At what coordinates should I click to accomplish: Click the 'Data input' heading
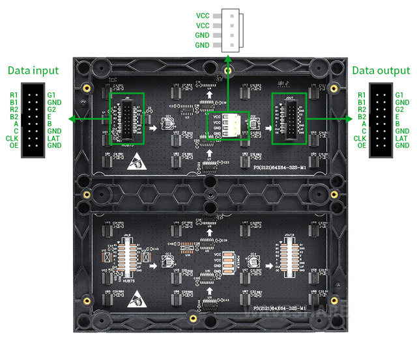click(33, 70)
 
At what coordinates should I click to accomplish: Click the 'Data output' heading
click(381, 70)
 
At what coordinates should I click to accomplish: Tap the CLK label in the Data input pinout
click(12, 138)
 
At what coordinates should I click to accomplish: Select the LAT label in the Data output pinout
click(401, 138)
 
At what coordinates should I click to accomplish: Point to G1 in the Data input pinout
click(52, 95)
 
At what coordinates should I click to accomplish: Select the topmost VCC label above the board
click(203, 14)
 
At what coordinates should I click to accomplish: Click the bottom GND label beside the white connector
click(203, 46)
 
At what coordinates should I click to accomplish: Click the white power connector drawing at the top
click(231, 30)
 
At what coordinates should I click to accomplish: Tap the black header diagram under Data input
click(32, 120)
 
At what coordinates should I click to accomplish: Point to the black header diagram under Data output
click(381, 120)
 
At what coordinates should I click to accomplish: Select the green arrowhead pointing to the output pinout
click(349, 119)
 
